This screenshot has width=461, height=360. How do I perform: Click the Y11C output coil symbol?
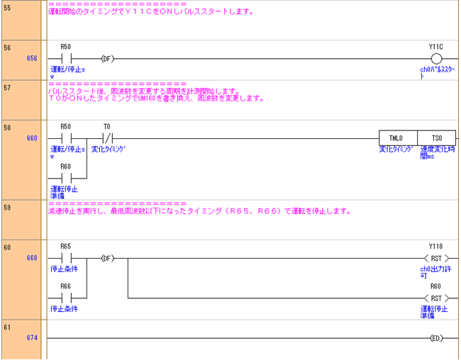point(436,58)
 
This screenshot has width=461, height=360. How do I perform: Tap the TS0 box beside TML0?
point(436,138)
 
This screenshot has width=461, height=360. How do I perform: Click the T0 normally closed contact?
point(107,138)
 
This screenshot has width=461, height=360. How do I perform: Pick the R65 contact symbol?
point(66,258)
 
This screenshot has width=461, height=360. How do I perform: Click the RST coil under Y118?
point(436,258)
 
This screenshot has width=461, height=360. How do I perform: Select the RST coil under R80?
point(436,298)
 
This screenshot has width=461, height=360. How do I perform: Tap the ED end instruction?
point(436,338)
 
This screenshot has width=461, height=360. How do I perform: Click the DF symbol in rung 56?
point(107,58)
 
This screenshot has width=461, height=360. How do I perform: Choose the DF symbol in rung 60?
point(107,258)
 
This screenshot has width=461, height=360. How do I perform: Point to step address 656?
point(32,58)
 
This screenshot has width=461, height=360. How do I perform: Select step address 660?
point(32,138)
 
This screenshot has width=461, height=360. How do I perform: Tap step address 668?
point(32,258)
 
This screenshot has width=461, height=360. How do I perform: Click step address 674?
point(32,338)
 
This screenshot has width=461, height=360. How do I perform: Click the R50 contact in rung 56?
point(66,58)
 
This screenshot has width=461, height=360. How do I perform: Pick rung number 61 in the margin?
point(8,327)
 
